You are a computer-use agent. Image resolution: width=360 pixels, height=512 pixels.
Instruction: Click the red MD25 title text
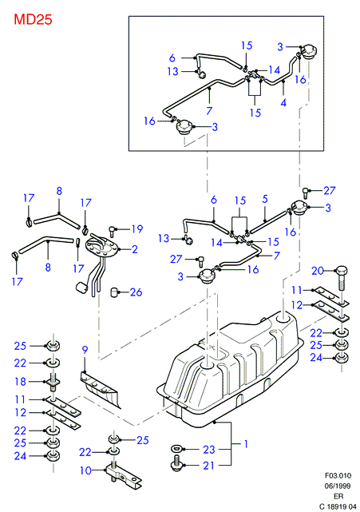pos(33,20)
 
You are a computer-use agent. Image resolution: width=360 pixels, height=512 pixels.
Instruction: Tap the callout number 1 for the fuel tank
pos(246,444)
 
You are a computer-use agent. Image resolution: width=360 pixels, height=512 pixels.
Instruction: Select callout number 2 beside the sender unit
pos(135,249)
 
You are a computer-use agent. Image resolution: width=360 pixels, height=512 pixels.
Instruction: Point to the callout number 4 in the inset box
pos(283,103)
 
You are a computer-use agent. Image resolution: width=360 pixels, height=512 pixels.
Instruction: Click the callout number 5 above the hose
pos(265,199)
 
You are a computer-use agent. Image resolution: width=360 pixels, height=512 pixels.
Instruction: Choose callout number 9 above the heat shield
pos(85,350)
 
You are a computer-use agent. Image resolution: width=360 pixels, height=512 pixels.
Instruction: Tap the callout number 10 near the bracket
pos(86,470)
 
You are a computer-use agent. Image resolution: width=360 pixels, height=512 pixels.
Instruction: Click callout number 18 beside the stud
pos(20,382)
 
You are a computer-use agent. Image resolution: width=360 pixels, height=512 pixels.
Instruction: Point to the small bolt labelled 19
pos(113,231)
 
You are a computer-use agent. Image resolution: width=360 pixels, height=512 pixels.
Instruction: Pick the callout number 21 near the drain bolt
pos(209,466)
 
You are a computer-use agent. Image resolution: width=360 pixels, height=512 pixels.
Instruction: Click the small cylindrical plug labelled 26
pos(114,292)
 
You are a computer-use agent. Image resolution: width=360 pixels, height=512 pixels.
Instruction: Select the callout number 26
pos(136,292)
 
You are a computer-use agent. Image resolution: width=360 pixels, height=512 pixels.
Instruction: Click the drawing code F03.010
pos(338,475)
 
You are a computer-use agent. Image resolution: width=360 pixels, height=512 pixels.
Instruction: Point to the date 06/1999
pos(338,486)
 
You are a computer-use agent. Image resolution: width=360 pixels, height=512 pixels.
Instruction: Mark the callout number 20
pos(318,271)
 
